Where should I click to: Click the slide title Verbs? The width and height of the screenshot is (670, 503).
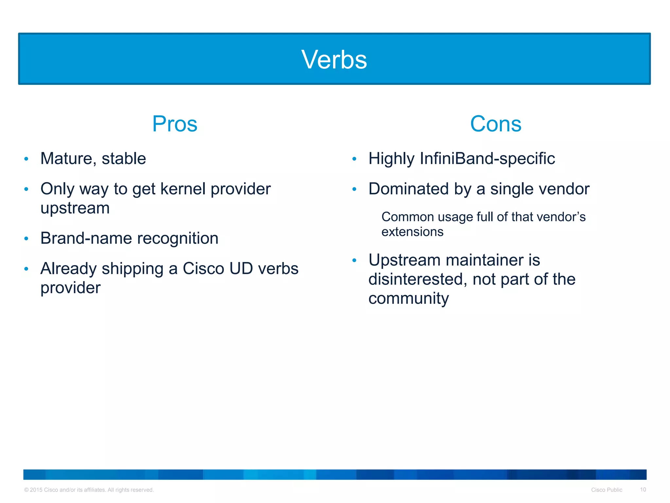click(334, 60)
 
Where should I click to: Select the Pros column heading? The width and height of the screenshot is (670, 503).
click(175, 124)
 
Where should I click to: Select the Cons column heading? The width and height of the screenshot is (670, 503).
click(495, 124)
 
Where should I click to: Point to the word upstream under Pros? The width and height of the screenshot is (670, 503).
click(75, 208)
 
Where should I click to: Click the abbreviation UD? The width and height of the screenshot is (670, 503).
click(241, 269)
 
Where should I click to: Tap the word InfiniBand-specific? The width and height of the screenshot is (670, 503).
click(487, 159)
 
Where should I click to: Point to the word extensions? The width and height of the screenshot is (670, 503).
click(412, 232)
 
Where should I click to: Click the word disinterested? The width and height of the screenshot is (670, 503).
click(415, 279)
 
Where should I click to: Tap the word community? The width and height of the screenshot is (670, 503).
click(408, 299)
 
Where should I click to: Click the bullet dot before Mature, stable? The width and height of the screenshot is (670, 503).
click(26, 159)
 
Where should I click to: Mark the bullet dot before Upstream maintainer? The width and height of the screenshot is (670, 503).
click(354, 261)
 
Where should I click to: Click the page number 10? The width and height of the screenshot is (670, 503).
click(643, 490)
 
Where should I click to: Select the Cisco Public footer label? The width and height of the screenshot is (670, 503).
click(606, 490)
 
